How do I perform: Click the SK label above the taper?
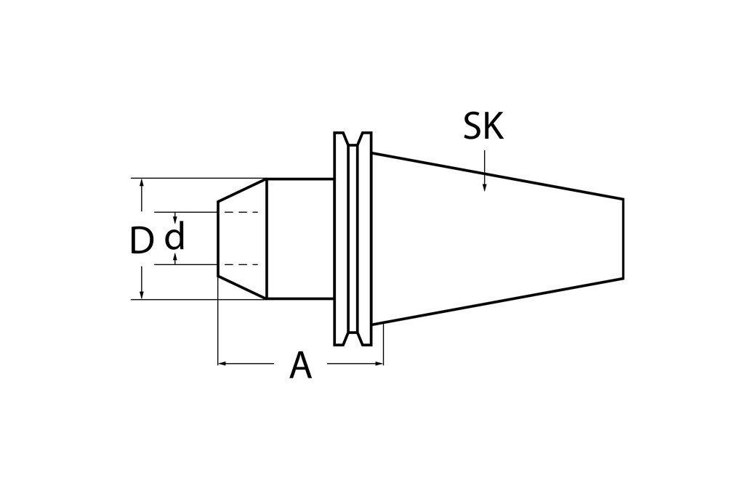pyautogui.click(x=483, y=127)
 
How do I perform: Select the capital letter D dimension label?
pyautogui.click(x=141, y=241)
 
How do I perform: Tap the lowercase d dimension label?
pyautogui.click(x=175, y=237)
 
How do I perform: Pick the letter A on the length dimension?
pyautogui.click(x=300, y=366)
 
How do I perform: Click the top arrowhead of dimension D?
pyautogui.click(x=142, y=182)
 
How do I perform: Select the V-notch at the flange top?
pyautogui.click(x=353, y=139)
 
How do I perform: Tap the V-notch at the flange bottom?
pyautogui.click(x=353, y=338)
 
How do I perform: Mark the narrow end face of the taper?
pyautogui.click(x=623, y=239)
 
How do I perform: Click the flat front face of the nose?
pyautogui.click(x=218, y=239)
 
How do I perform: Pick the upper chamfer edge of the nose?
pyautogui.click(x=242, y=190)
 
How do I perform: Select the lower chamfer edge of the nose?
pyautogui.click(x=242, y=288)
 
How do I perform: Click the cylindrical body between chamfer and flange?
pyautogui.click(x=299, y=239)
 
